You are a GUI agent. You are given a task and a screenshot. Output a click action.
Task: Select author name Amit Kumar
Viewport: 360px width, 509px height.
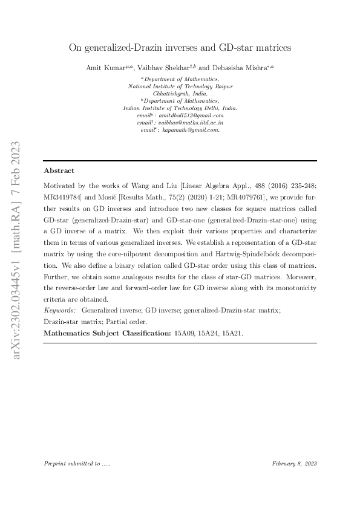click(x=103, y=69)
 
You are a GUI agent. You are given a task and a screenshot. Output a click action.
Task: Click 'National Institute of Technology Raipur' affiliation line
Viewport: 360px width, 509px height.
click(x=180, y=86)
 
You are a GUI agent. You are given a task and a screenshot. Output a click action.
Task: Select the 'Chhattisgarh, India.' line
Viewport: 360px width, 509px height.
click(x=180, y=94)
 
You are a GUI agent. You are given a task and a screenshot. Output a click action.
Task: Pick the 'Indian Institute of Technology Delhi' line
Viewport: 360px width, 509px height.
click(x=180, y=108)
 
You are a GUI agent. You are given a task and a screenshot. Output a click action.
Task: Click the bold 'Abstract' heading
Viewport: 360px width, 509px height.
click(x=59, y=171)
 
